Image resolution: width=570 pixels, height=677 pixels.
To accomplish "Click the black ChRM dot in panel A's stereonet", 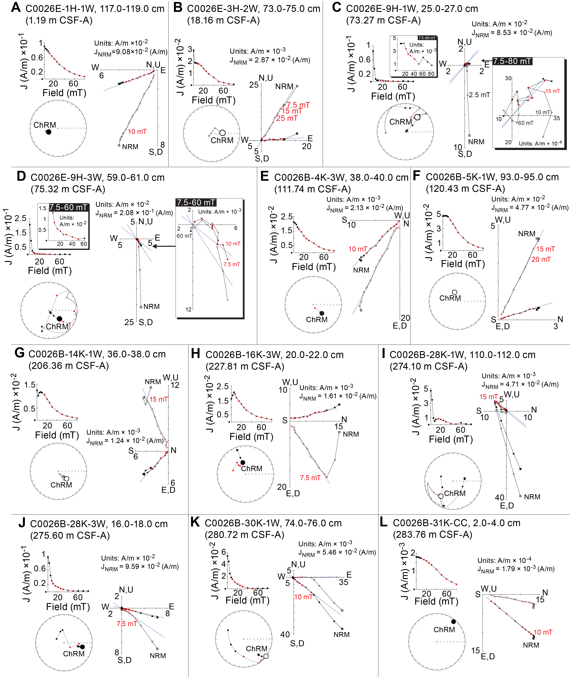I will click(x=48, y=132).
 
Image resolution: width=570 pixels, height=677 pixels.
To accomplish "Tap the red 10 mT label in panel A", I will click(x=137, y=132).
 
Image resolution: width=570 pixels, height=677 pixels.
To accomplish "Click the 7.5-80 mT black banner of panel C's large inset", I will click(x=512, y=61).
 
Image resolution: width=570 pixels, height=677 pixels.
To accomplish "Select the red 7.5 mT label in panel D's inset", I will click(x=232, y=264).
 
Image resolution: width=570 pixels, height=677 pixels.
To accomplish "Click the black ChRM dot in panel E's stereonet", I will click(x=322, y=313).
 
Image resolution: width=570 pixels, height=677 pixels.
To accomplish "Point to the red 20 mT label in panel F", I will click(x=541, y=260).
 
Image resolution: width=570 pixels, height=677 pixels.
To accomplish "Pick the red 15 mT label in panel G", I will click(x=158, y=399).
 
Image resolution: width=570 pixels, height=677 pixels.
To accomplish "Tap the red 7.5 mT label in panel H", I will click(x=310, y=478).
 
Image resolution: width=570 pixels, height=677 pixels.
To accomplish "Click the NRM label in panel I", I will click(x=532, y=497).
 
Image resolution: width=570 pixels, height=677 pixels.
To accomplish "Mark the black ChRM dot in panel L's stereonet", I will click(x=453, y=621).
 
